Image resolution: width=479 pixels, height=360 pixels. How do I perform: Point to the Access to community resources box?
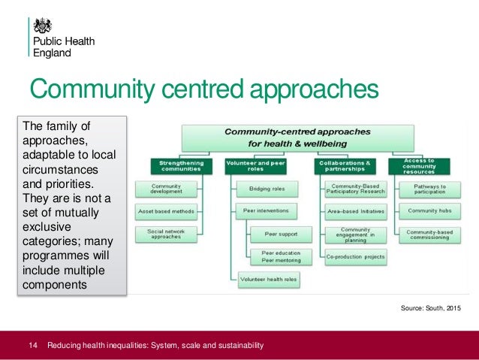click(x=419, y=165)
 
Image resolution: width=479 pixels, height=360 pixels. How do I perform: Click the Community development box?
click(x=166, y=189)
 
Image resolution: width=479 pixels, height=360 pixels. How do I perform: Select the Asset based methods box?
click(x=166, y=211)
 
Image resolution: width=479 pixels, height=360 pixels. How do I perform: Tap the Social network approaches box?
click(x=166, y=234)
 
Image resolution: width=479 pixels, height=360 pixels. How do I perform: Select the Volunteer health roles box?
click(x=268, y=279)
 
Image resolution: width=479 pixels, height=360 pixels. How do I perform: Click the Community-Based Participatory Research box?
click(x=356, y=189)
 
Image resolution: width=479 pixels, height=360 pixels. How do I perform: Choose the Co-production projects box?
click(x=356, y=256)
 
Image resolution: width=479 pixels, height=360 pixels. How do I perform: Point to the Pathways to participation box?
click(x=429, y=189)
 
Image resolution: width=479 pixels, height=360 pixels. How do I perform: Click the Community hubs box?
click(x=429, y=211)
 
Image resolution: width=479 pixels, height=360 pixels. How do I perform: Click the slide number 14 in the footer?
click(x=32, y=346)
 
